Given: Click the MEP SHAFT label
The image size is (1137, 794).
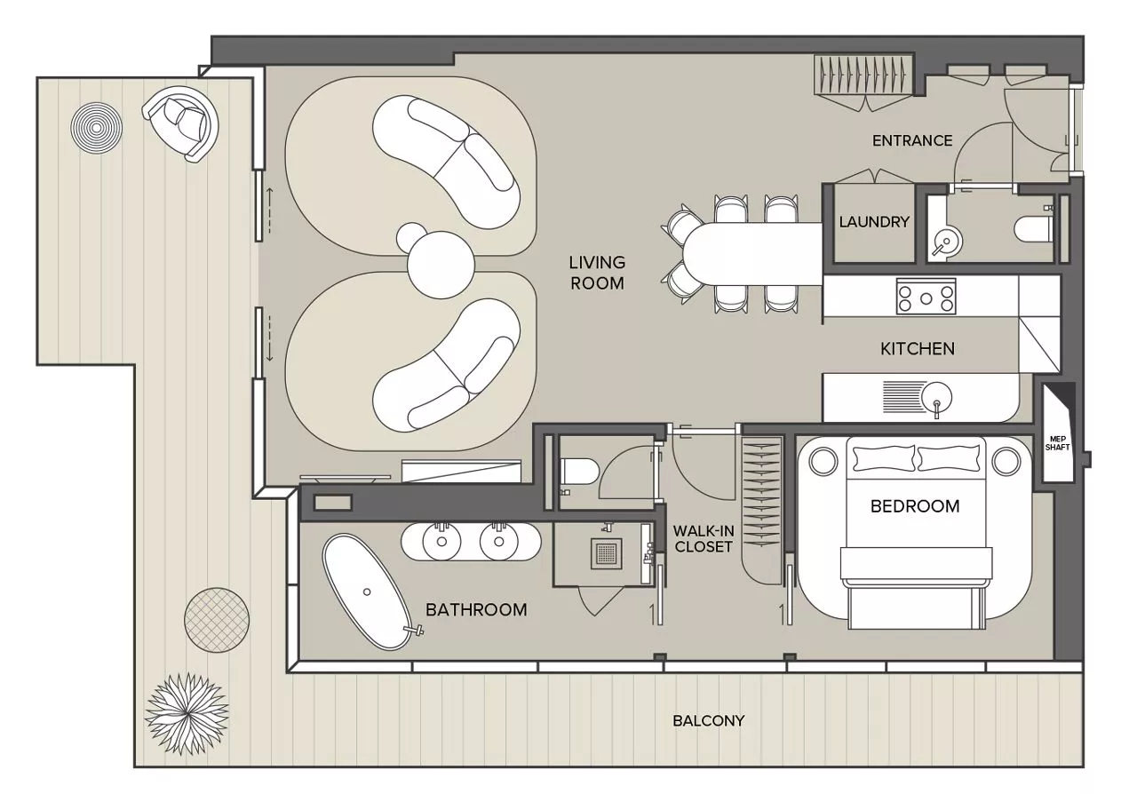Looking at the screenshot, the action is point(1057,443).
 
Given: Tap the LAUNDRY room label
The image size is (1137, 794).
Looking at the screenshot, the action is point(874,222).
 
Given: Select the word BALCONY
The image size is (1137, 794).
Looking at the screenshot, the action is point(709,721).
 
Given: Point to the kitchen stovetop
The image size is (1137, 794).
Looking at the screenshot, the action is point(926,297).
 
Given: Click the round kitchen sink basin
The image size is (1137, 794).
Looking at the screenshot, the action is point(935,398).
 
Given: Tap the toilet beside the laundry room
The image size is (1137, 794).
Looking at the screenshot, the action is point(1034,230).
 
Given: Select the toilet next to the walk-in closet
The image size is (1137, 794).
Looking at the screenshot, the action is point(578,472).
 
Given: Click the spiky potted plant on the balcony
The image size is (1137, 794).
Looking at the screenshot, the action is point(187,714).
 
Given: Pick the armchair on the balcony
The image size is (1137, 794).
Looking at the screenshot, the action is point(181,123).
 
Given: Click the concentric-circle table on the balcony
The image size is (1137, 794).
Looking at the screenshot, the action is point(97,128).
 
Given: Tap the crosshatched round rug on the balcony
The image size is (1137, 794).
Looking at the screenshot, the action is point(217,621).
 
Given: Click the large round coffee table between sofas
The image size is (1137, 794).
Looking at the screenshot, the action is point(441,265).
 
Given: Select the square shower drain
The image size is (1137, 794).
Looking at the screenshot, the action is point(606,553).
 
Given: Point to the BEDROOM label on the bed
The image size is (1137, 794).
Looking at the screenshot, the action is point(915,506).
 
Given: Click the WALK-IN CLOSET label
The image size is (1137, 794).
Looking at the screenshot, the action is point(704,538).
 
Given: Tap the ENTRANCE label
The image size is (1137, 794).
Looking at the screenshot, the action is point(912,140).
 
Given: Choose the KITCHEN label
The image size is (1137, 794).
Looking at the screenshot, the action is point(918,349).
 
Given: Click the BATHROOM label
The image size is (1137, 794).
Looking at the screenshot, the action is point(476,610).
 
